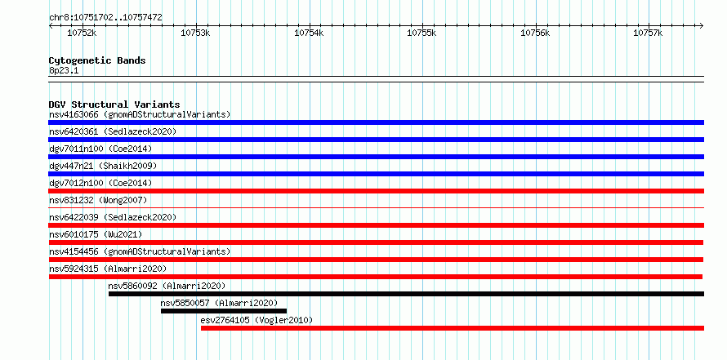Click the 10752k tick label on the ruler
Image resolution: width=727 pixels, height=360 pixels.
(82, 33)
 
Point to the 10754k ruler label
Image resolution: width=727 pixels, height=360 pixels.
(309, 33)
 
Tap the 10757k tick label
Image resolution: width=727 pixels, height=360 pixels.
(649, 33)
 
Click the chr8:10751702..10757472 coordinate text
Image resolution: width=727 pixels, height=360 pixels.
(105, 18)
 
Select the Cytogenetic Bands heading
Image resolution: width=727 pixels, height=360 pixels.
(97, 60)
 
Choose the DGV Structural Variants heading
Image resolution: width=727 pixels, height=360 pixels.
(114, 104)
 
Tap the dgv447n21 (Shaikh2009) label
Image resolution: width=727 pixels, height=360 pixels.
(103, 166)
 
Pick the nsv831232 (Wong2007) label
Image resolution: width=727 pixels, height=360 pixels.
(98, 200)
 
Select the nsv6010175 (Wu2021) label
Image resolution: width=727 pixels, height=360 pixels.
(96, 234)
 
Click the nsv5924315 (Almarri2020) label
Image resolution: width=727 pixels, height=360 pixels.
(108, 269)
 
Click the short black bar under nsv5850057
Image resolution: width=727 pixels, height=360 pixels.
(224, 311)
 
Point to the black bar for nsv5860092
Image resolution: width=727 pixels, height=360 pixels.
(406, 294)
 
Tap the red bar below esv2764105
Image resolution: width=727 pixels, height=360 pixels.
(453, 328)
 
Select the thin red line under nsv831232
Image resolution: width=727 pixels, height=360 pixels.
(376, 208)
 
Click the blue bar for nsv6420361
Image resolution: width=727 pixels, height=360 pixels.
(376, 140)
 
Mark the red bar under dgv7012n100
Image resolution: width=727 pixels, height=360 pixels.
(376, 191)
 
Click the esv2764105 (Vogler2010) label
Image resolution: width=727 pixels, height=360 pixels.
(256, 320)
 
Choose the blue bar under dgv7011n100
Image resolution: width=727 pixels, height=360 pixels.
(376, 157)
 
